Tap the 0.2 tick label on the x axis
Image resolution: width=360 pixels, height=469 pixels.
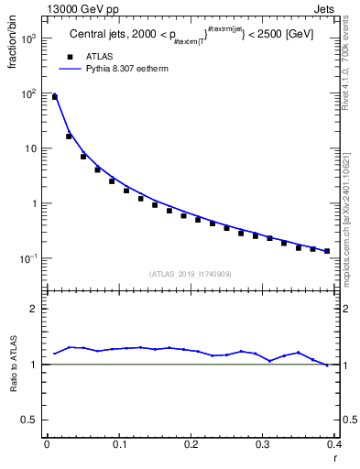[x=191, y=444]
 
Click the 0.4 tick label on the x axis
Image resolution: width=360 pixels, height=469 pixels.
[x=333, y=444]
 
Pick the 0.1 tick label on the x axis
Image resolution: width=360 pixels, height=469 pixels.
[x=119, y=444]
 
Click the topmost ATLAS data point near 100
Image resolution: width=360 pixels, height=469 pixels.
[x=54, y=96]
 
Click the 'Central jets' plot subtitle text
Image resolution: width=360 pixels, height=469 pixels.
[x=101, y=36]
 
